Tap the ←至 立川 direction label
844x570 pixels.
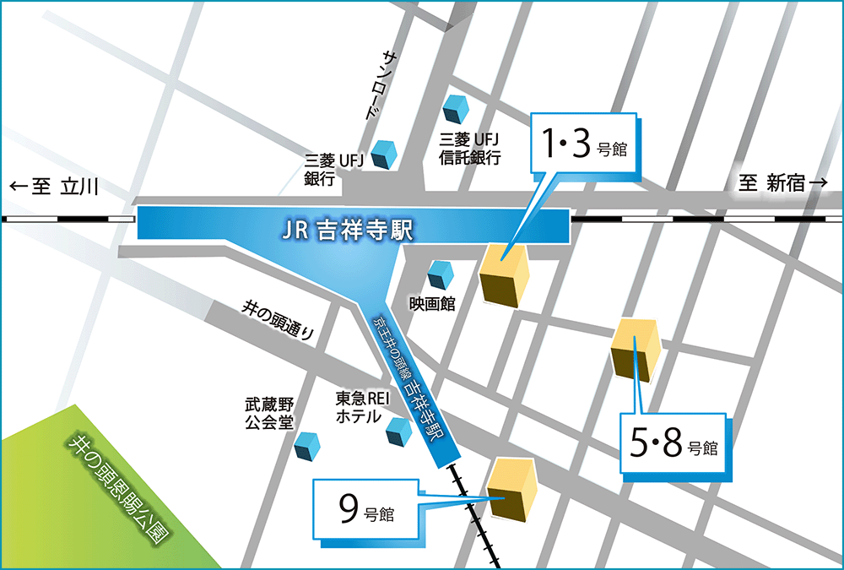55,187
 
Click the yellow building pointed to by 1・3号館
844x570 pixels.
504,274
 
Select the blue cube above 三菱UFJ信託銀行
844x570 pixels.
456,108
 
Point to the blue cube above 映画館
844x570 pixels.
441,274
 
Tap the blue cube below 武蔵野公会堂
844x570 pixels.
308,445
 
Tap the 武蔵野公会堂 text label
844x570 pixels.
268,414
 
